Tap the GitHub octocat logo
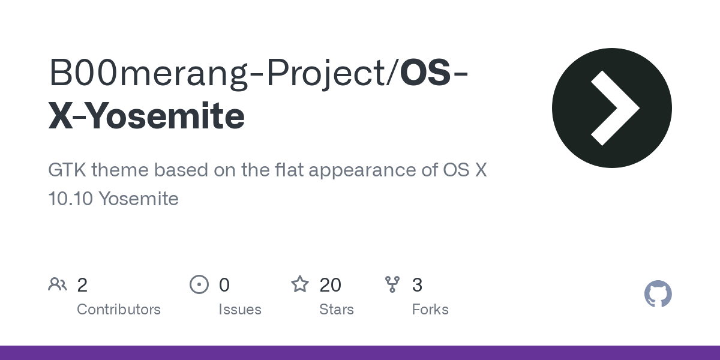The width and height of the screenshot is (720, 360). pyautogui.click(x=658, y=294)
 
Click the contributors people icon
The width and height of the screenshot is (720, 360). pyautogui.click(x=58, y=284)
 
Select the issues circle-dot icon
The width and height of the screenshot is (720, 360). pyautogui.click(x=199, y=284)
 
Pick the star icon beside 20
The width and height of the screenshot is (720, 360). pyautogui.click(x=299, y=284)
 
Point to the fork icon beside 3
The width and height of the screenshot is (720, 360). pyautogui.click(x=392, y=284)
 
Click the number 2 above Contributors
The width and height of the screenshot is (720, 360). pyautogui.click(x=82, y=285)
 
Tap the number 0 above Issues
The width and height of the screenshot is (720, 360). pyautogui.click(x=224, y=285)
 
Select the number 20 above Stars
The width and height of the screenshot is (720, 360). pyautogui.click(x=331, y=285)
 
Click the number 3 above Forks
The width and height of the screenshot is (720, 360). pyautogui.click(x=417, y=285)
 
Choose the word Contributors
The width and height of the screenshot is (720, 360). pyautogui.click(x=119, y=310)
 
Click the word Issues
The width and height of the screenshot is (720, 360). pyautogui.click(x=240, y=310)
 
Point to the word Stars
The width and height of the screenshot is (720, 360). pyautogui.click(x=337, y=310)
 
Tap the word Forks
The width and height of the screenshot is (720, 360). pyautogui.click(x=430, y=310)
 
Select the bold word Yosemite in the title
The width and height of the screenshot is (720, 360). pyautogui.click(x=159, y=116)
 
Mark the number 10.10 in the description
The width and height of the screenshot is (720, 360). pyautogui.click(x=70, y=199)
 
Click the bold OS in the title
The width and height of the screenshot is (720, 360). pyautogui.click(x=425, y=73)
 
